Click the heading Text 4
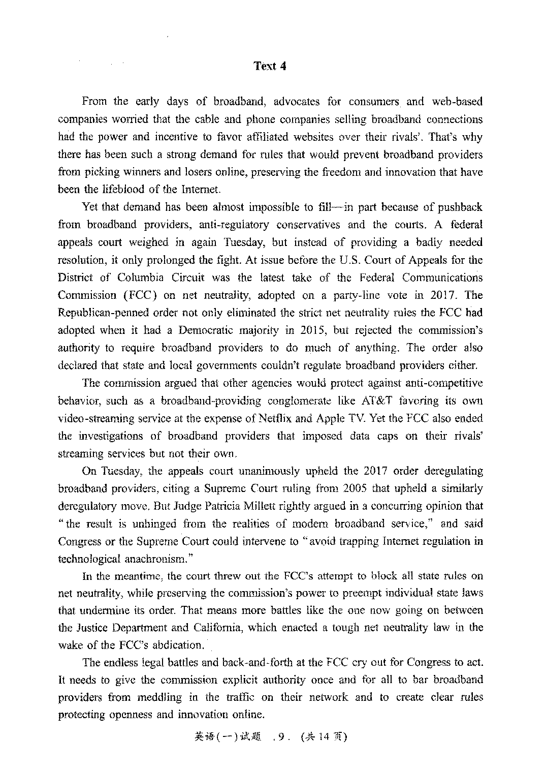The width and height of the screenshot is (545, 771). (270, 66)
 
